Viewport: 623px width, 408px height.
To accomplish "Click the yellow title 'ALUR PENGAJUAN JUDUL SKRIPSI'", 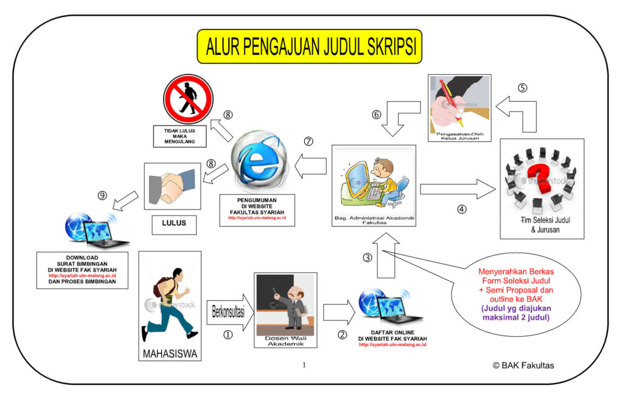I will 309,46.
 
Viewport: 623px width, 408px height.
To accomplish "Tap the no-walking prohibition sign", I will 188,99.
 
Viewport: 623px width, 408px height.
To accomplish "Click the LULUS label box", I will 175,223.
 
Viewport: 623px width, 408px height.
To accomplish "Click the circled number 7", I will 308,141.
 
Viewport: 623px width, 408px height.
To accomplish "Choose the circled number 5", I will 522,87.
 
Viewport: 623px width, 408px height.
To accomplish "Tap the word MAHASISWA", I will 170,353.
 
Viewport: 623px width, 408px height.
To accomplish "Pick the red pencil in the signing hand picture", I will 450,97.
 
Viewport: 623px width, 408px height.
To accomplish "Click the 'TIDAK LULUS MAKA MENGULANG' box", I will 179,136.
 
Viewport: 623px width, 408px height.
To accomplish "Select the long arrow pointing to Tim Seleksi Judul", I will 458,189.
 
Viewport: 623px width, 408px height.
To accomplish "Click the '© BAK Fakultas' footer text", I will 523,365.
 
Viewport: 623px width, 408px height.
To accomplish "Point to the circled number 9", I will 102,195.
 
